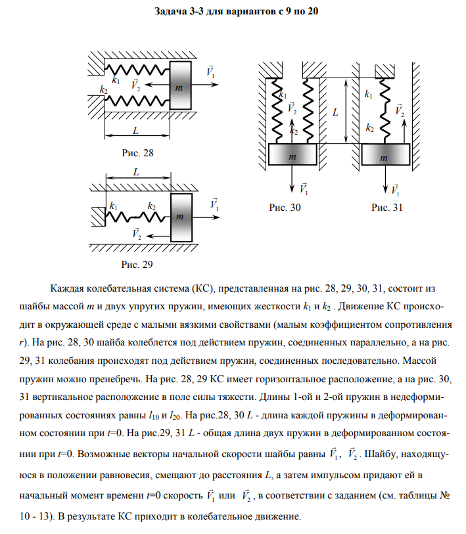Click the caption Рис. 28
[x=137, y=153]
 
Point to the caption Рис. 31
[x=387, y=208]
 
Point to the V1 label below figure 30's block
[x=304, y=189]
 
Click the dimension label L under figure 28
[x=136, y=129]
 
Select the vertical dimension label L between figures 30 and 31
[x=335, y=112]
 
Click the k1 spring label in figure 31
[x=368, y=95]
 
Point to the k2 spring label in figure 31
[x=370, y=128]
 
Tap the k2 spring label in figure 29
[x=152, y=206]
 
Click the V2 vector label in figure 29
[x=136, y=233]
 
